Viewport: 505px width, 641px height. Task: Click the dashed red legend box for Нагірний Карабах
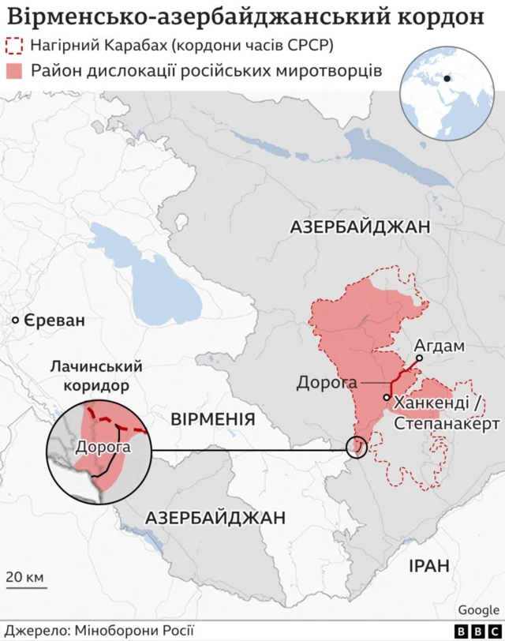click(x=15, y=45)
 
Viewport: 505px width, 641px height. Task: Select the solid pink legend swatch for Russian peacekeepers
click(x=15, y=70)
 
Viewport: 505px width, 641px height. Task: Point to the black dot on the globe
click(x=447, y=78)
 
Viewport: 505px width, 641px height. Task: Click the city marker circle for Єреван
click(x=15, y=320)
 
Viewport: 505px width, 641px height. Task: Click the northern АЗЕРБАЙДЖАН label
click(x=360, y=227)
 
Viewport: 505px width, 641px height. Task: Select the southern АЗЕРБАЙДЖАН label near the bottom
click(x=215, y=518)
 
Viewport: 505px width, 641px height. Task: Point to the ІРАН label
click(x=428, y=565)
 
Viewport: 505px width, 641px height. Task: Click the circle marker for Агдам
click(x=420, y=358)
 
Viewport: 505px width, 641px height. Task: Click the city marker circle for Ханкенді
click(x=387, y=397)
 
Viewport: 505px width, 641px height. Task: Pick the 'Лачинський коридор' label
click(x=95, y=377)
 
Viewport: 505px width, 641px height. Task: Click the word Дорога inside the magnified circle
click(x=103, y=447)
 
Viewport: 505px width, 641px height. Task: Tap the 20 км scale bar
click(x=25, y=585)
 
